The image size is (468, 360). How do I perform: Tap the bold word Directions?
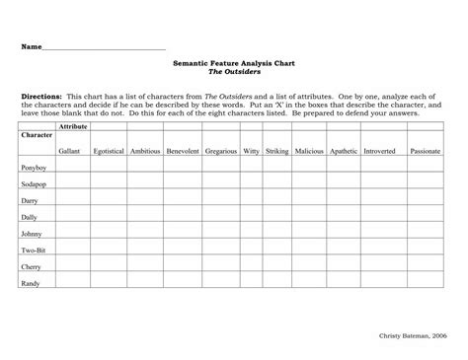(41, 97)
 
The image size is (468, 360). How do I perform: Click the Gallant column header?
(69, 151)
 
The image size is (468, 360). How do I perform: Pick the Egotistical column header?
(108, 151)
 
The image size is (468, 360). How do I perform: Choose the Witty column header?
(251, 151)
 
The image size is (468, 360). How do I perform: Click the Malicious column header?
(308, 151)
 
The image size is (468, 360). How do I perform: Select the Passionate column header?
(425, 151)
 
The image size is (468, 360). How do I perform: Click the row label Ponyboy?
(33, 169)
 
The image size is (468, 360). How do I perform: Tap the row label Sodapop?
(34, 183)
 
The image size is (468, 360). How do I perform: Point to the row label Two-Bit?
(33, 251)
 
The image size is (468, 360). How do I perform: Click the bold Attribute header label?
(73, 127)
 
